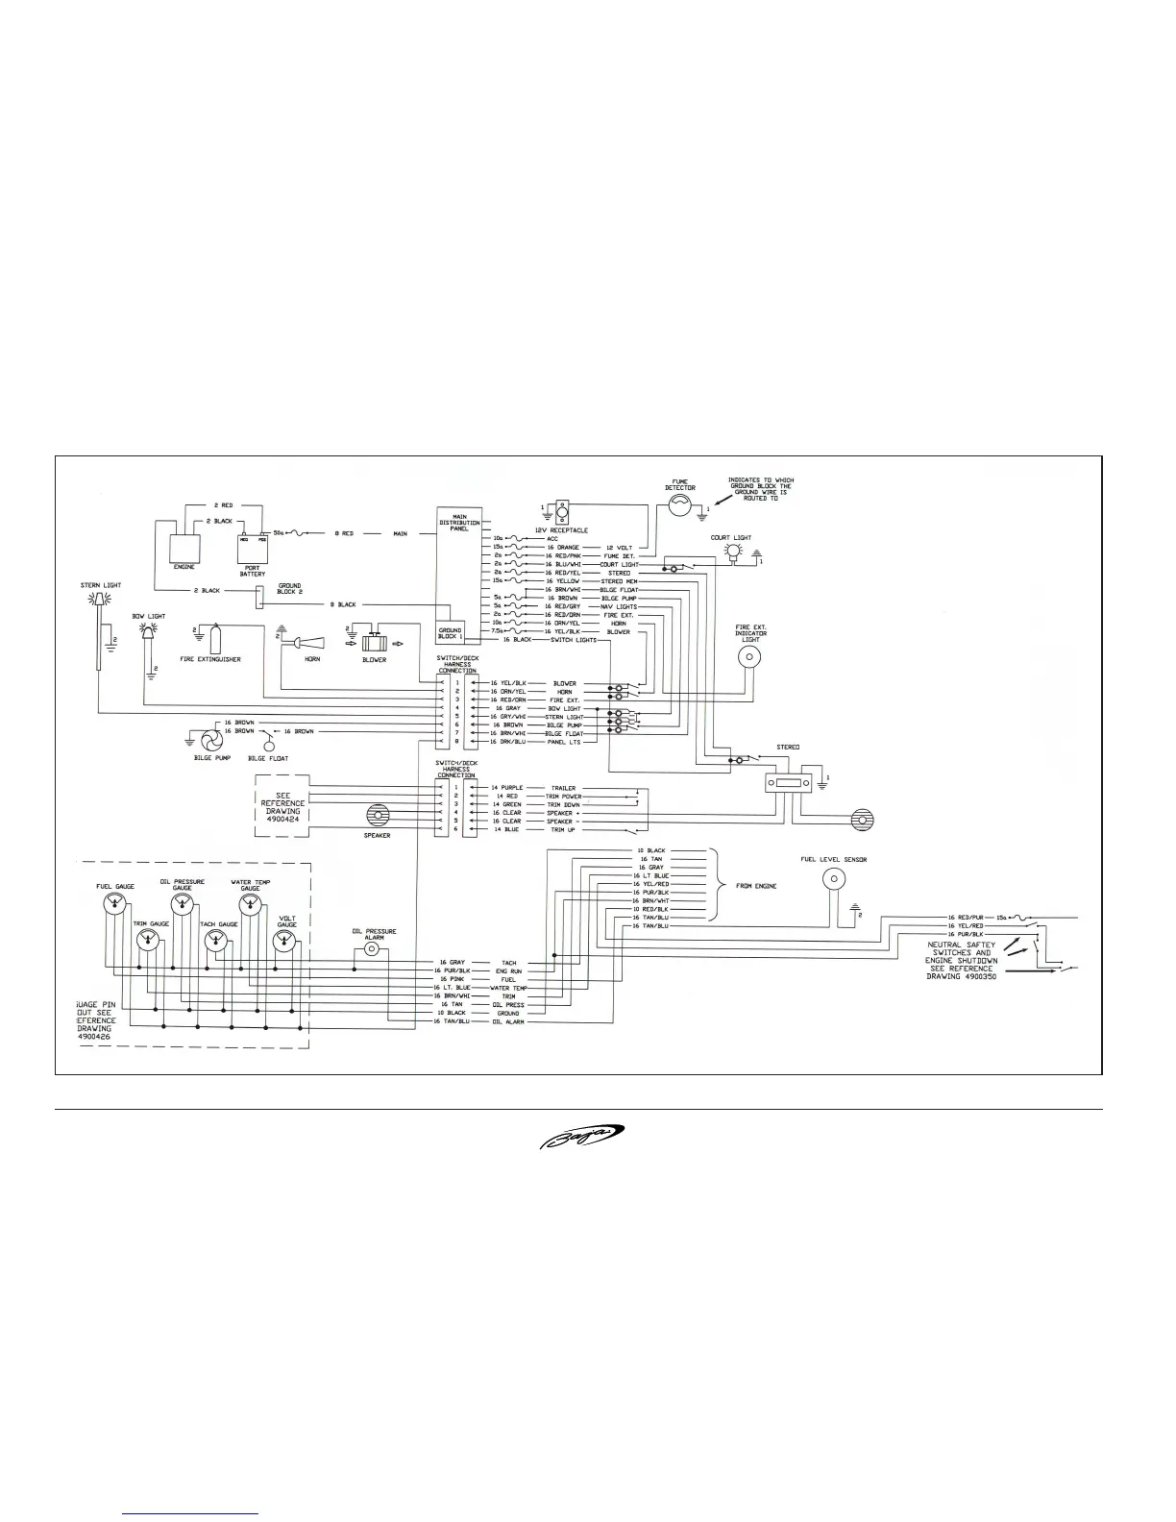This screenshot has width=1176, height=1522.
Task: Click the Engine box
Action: [184, 552]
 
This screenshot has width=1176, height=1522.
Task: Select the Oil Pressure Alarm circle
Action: [374, 949]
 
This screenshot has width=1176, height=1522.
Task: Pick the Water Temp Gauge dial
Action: [251, 904]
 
